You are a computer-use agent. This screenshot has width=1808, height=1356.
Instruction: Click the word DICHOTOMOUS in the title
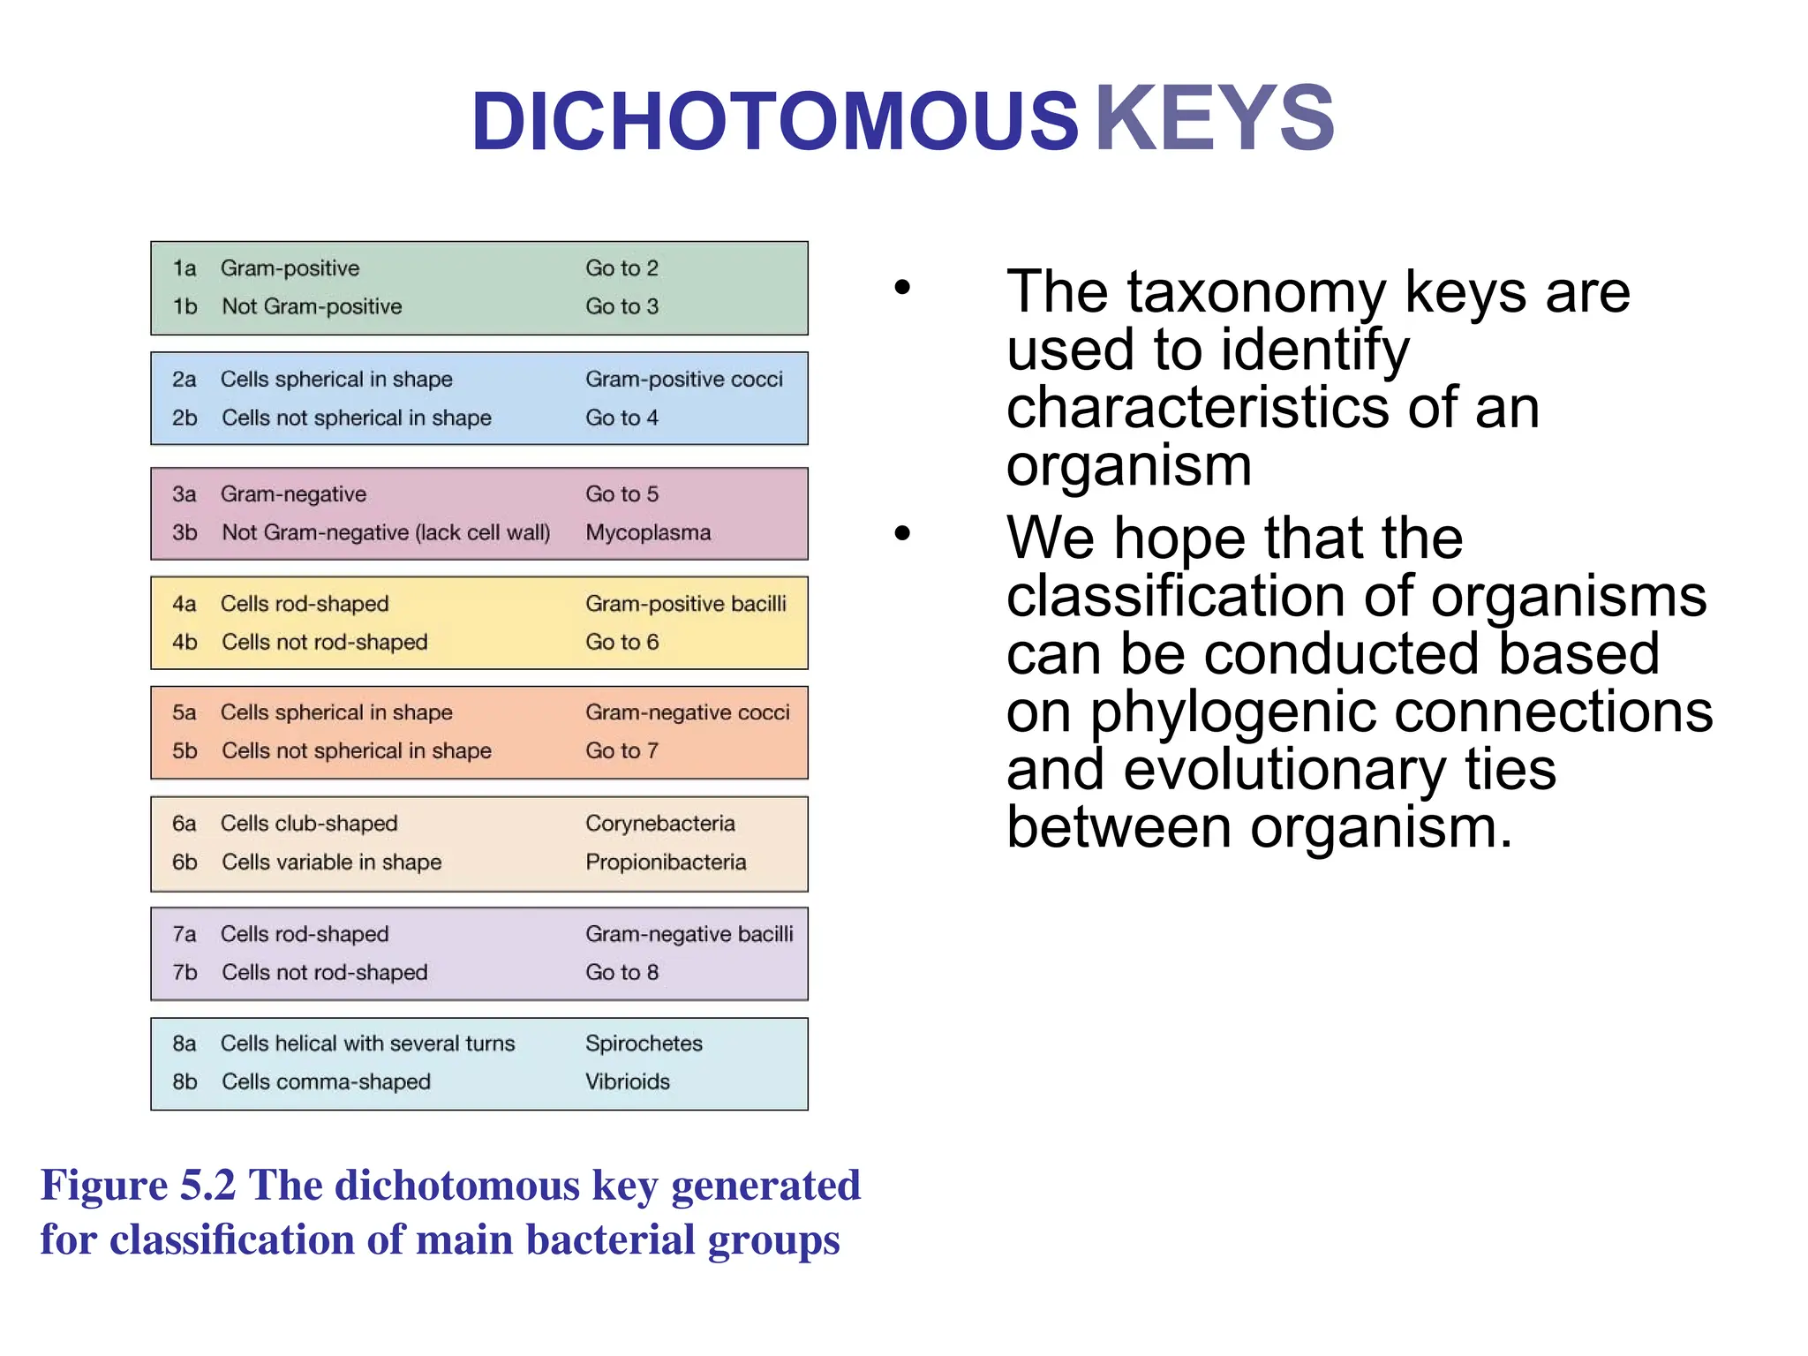click(x=774, y=122)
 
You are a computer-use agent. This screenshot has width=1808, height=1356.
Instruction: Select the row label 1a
click(x=184, y=268)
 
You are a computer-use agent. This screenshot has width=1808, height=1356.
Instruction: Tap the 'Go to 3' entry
click(x=621, y=306)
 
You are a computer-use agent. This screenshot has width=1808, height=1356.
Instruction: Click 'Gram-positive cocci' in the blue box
click(x=683, y=380)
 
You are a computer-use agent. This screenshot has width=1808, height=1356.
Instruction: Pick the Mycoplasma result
click(x=647, y=532)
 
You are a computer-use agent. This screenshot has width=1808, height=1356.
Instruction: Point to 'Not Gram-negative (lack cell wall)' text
click(x=386, y=532)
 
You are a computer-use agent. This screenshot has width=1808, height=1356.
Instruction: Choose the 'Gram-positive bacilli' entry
click(x=685, y=604)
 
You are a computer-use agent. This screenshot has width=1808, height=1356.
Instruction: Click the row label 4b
click(x=185, y=642)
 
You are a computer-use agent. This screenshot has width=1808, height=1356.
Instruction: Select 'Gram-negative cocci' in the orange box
click(x=687, y=712)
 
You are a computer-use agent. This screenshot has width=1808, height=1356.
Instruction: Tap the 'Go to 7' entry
click(x=621, y=750)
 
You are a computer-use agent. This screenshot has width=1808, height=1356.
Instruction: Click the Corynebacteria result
click(x=659, y=824)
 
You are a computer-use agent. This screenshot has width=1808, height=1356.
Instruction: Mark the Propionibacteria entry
click(x=666, y=862)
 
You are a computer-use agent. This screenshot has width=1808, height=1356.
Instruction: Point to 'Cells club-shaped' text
click(x=309, y=824)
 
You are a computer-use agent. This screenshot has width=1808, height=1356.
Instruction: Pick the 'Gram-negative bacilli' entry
click(x=689, y=934)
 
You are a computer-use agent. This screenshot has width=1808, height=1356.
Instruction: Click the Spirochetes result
click(x=644, y=1043)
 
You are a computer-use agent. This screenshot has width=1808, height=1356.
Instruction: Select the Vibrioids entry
click(x=627, y=1081)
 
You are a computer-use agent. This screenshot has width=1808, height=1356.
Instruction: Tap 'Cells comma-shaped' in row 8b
click(x=326, y=1081)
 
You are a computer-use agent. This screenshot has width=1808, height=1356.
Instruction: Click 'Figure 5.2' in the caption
click(x=139, y=1185)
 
